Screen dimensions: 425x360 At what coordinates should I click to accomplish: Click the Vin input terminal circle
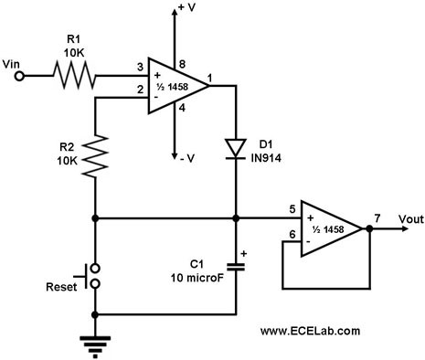[19, 76]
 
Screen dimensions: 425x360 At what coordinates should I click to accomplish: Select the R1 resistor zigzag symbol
[75, 75]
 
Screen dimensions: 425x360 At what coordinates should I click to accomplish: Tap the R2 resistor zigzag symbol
[95, 156]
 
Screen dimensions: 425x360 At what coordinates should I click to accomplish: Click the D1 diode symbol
[236, 149]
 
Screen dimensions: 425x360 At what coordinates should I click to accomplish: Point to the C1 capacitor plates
[236, 267]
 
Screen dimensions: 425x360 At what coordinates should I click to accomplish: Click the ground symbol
[95, 346]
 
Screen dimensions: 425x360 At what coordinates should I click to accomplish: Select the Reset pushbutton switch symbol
[90, 276]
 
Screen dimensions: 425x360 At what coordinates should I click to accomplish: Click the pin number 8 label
[182, 64]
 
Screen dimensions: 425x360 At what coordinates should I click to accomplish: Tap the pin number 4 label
[182, 108]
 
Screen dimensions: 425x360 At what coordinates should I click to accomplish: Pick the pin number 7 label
[377, 218]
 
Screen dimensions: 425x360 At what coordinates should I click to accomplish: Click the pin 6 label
[292, 234]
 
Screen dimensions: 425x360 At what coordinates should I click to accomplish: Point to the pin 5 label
[292, 209]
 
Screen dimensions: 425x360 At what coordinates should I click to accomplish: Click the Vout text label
[411, 219]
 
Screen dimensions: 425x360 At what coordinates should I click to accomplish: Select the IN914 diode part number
[266, 158]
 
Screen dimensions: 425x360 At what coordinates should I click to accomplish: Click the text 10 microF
[197, 278]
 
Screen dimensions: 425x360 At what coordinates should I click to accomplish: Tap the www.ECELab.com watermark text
[310, 331]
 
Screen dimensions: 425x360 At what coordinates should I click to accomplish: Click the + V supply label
[186, 7]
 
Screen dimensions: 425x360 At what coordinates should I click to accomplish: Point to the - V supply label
[187, 158]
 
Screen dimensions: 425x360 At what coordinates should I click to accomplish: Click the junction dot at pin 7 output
[369, 228]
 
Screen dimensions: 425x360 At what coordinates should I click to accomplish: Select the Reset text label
[61, 287]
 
